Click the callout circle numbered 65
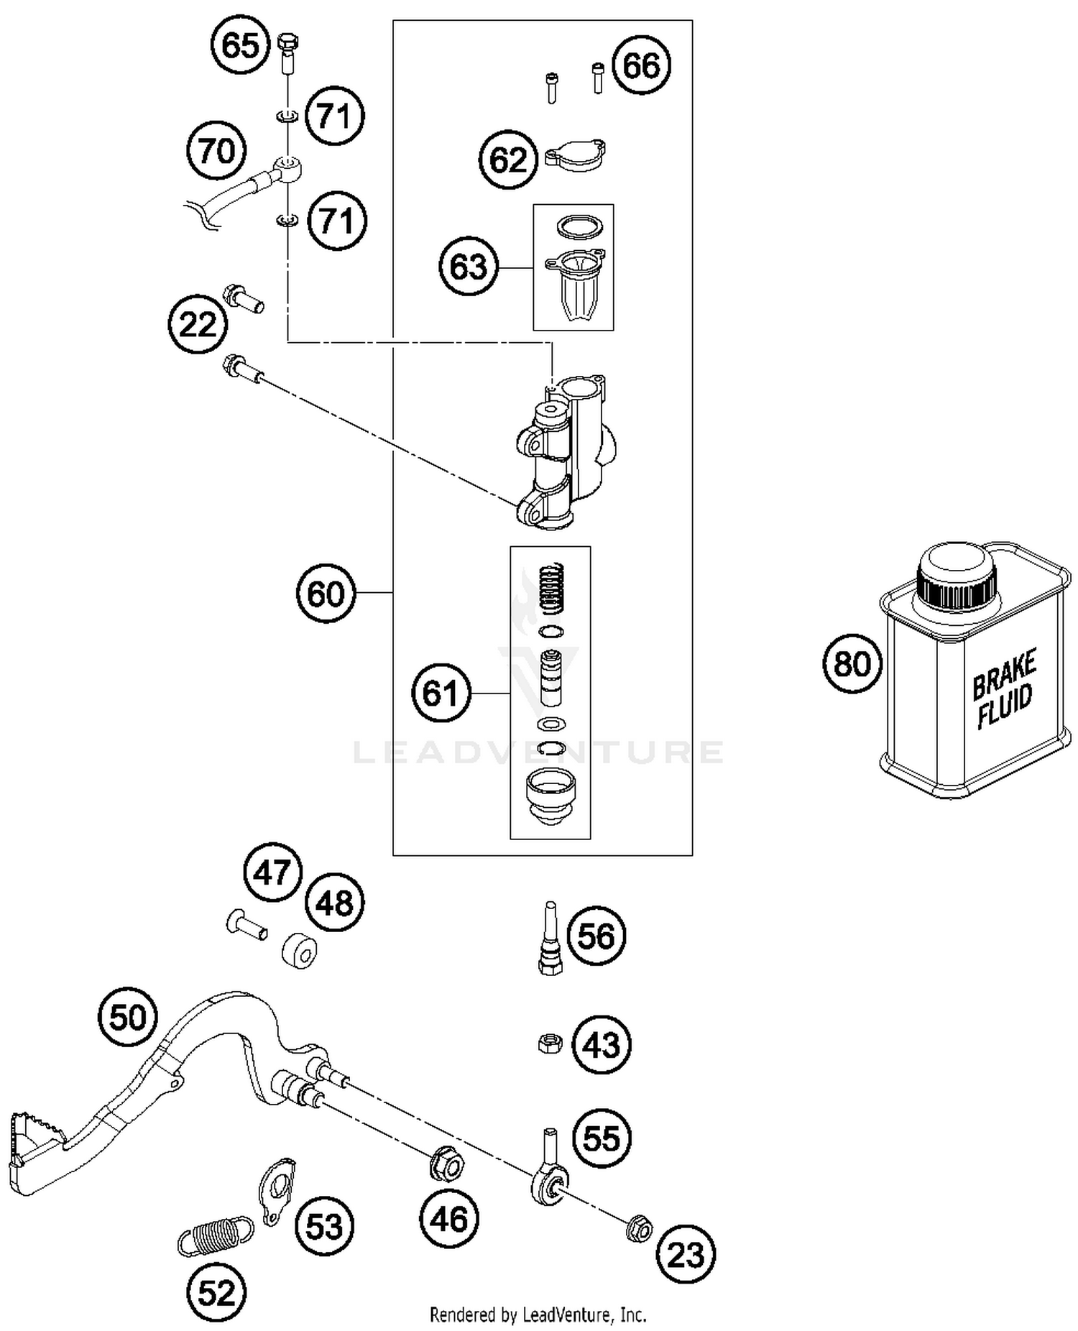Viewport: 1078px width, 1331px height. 239,45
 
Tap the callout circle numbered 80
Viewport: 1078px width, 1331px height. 852,663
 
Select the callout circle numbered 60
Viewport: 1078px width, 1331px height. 326,594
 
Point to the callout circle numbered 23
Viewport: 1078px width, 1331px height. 686,1255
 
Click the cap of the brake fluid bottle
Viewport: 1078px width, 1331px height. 956,576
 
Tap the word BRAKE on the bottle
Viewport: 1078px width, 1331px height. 1004,673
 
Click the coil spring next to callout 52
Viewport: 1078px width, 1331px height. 215,1235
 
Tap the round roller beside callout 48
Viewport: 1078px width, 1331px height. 299,951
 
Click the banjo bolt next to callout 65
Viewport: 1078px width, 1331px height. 287,53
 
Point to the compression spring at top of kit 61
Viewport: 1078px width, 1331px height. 552,586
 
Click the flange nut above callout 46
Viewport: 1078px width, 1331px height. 446,1165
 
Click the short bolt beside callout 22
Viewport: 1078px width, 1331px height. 244,298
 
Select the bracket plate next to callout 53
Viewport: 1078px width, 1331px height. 276,1189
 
